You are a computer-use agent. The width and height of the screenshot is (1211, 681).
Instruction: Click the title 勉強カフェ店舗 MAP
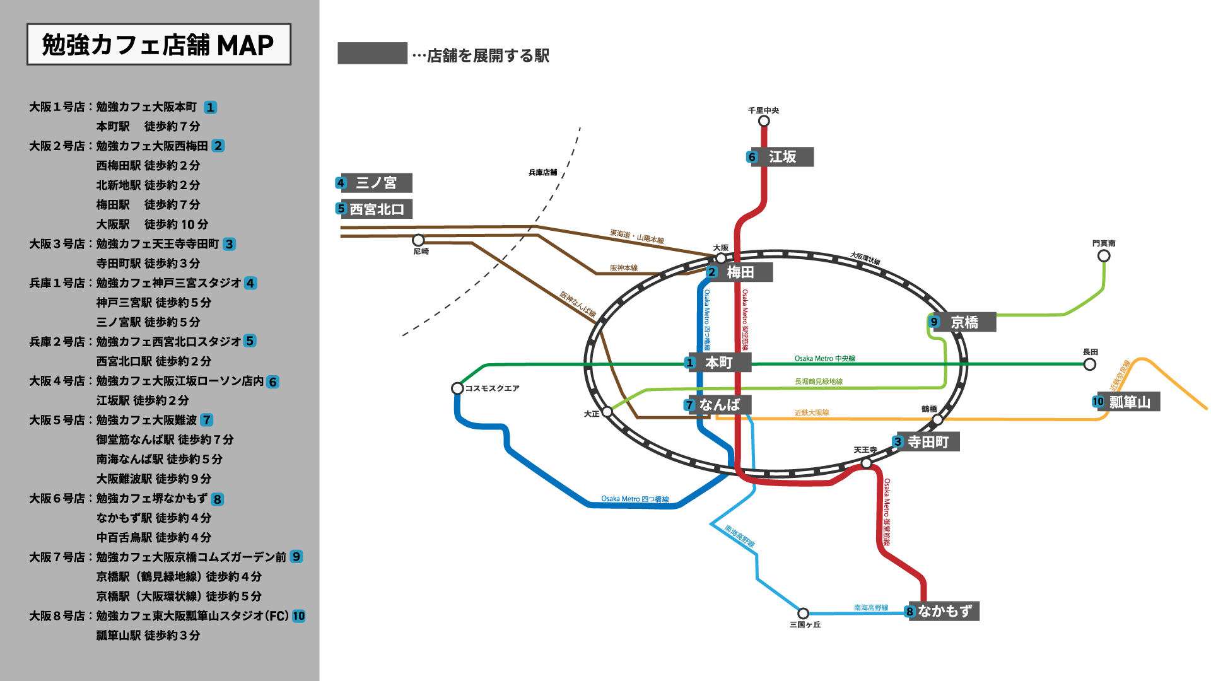[x=158, y=45]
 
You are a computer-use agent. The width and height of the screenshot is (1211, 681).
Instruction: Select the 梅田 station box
[x=739, y=272]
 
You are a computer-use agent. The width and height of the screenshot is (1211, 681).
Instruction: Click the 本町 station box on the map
[x=719, y=363]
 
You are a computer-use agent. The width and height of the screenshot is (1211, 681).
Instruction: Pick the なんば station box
[x=719, y=405]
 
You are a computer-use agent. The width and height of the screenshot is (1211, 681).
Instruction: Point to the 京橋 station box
[x=964, y=322]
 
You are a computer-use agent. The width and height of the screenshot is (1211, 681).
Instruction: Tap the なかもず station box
[x=944, y=611]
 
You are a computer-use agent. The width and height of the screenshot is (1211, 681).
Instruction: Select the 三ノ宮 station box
[x=376, y=183]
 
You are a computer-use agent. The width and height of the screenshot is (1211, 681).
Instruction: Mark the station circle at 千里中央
[x=764, y=121]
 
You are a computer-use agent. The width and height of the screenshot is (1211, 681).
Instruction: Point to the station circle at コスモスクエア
[x=457, y=388]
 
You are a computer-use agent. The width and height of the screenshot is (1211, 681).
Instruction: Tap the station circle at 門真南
[x=1104, y=256]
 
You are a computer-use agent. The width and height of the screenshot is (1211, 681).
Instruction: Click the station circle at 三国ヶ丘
[x=803, y=613]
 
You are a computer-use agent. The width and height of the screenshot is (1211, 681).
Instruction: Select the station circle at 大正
[x=607, y=412]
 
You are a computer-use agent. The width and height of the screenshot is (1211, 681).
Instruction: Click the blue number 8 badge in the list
[x=217, y=499]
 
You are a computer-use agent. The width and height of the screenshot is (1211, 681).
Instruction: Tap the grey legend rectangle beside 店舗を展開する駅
[x=372, y=54]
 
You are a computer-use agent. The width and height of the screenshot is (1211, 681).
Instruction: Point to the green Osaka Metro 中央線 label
[x=824, y=359]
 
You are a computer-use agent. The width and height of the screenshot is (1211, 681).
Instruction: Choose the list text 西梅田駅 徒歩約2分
[x=148, y=165]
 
